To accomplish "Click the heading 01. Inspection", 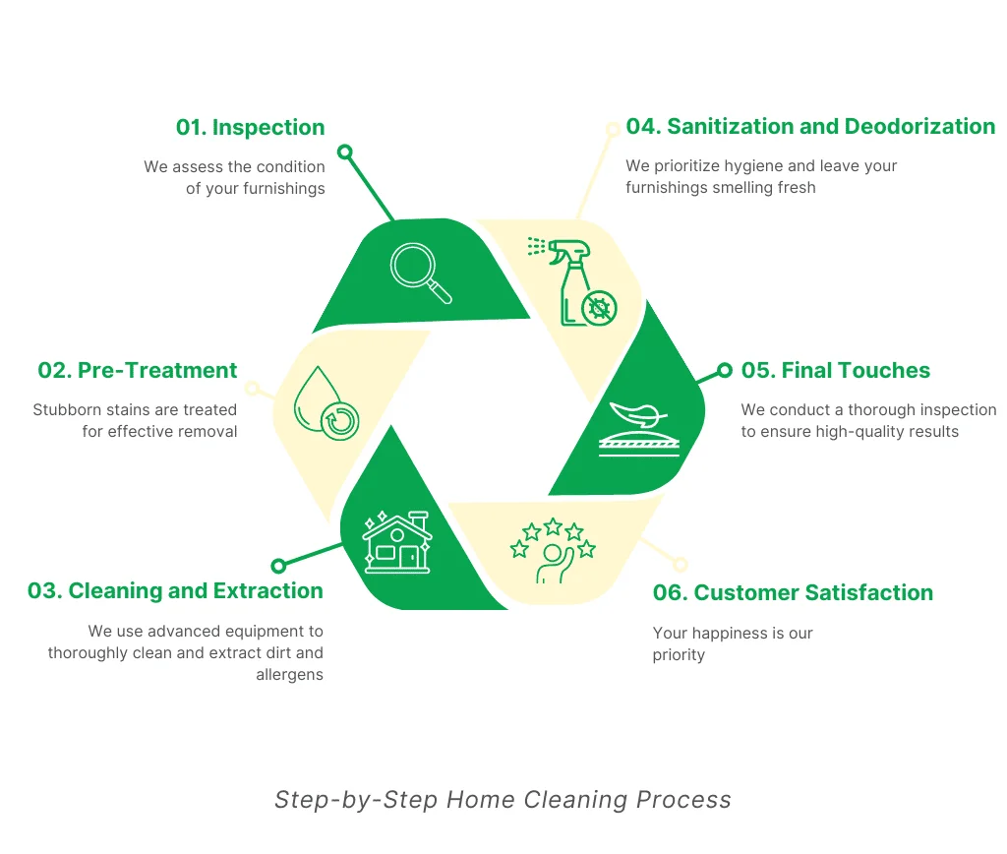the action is click(x=251, y=127).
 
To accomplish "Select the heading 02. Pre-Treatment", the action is click(x=138, y=370).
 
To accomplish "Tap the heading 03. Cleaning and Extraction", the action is click(x=175, y=590).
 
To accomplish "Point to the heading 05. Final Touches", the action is click(x=836, y=370).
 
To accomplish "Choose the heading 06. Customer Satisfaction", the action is click(x=794, y=592).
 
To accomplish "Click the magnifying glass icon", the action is click(x=421, y=273).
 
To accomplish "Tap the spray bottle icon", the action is click(x=572, y=281).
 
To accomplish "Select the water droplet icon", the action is click(x=326, y=403).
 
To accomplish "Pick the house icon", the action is click(x=397, y=542).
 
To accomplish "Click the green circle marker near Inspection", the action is click(x=345, y=152).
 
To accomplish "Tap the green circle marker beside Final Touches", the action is click(x=725, y=370).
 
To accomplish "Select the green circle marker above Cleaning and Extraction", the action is click(x=278, y=566).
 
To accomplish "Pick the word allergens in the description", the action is click(x=290, y=675).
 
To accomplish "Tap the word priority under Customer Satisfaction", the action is click(x=679, y=655).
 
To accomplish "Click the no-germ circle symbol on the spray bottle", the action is click(x=599, y=308).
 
